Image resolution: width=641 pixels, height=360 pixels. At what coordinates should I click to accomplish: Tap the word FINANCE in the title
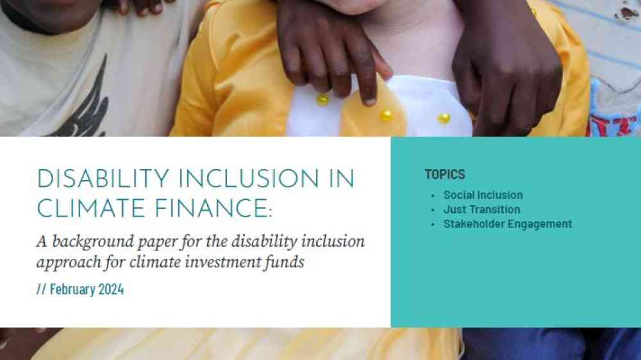click(212, 209)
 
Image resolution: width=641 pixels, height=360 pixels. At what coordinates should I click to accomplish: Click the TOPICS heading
click(445, 174)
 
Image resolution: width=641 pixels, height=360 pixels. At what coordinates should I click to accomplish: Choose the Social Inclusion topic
click(483, 195)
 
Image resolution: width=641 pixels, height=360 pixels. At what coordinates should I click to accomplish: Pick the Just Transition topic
click(481, 209)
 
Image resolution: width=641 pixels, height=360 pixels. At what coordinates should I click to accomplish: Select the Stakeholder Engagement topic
click(507, 224)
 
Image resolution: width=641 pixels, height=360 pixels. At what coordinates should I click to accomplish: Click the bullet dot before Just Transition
click(433, 210)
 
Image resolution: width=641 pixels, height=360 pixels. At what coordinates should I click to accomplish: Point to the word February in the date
click(72, 290)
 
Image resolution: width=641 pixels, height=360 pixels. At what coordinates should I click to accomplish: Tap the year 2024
click(111, 290)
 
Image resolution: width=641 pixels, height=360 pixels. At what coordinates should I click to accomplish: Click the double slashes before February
click(41, 290)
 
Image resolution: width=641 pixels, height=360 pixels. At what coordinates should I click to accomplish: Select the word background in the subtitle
click(93, 241)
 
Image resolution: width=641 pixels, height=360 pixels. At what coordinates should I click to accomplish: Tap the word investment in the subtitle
click(222, 262)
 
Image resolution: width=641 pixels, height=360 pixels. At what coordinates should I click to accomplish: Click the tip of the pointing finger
click(370, 101)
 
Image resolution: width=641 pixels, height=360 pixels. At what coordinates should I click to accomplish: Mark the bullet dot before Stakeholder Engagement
click(433, 225)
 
